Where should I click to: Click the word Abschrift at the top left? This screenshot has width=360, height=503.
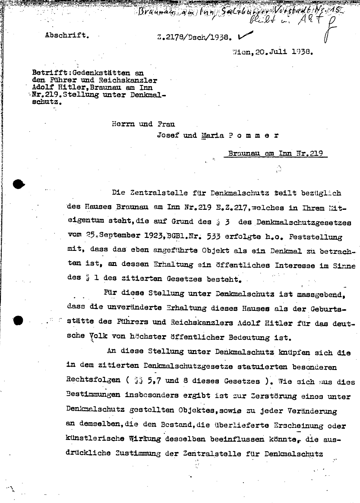coord(66,35)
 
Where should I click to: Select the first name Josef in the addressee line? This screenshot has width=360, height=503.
coord(169,135)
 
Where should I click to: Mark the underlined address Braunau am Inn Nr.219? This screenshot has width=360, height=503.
coord(275,153)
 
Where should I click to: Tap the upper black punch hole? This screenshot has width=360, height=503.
coord(18,184)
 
